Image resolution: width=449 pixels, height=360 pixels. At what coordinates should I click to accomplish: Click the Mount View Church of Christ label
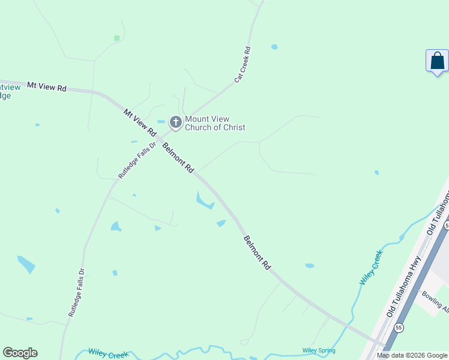coord(215,123)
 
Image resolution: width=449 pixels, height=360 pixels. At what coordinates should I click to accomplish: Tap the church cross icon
coord(175,123)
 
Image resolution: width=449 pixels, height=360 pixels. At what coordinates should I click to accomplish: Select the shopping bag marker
coord(437,61)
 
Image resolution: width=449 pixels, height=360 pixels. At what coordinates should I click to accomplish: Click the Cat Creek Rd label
coord(242,64)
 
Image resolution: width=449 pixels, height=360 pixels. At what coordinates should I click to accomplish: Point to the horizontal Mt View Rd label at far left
coord(47,87)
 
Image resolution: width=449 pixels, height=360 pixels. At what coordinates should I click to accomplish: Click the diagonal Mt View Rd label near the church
coord(139,122)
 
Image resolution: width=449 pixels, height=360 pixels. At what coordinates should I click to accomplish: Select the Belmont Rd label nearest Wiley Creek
coord(258,252)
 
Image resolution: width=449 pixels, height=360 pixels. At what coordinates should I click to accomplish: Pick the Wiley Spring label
coord(319,350)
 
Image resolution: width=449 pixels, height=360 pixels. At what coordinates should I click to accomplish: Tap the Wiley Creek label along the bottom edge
coord(109,353)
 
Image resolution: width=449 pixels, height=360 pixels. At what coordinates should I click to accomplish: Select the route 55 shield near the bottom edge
coord(399,328)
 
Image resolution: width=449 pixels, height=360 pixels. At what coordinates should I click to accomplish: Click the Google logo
coord(20,353)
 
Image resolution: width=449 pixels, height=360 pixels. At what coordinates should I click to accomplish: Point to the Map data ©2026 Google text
coord(412,355)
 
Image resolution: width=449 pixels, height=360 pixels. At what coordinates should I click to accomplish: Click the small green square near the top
coord(116,38)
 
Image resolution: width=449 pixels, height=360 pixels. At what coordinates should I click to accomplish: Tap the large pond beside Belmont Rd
coord(203,200)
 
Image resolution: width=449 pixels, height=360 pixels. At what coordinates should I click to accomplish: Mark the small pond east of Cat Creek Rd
coord(274,47)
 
